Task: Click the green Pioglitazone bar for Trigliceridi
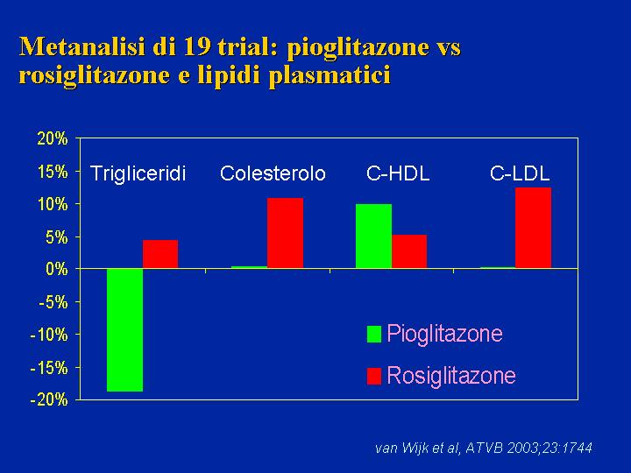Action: tap(124, 330)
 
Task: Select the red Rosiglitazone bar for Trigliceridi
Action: tap(160, 254)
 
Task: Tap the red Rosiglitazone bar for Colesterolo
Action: tap(285, 233)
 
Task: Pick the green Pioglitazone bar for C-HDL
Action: tap(373, 236)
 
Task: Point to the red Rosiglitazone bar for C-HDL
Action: tap(409, 251)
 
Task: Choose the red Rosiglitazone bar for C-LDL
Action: tap(533, 228)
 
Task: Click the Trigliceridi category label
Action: tap(138, 174)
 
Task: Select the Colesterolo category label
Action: tap(273, 173)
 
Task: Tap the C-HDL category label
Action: tap(398, 173)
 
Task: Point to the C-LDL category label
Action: tap(520, 173)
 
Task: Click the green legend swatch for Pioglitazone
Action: tap(374, 334)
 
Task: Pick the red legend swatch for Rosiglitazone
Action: tap(374, 376)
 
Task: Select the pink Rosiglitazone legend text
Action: tap(451, 376)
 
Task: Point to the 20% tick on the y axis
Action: tap(53, 138)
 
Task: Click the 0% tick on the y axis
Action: tap(57, 269)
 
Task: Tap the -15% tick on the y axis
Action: tap(49, 368)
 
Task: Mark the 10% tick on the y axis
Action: tap(53, 204)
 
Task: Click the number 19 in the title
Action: tap(197, 47)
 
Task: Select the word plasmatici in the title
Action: tap(330, 75)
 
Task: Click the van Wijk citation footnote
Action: tap(484, 448)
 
